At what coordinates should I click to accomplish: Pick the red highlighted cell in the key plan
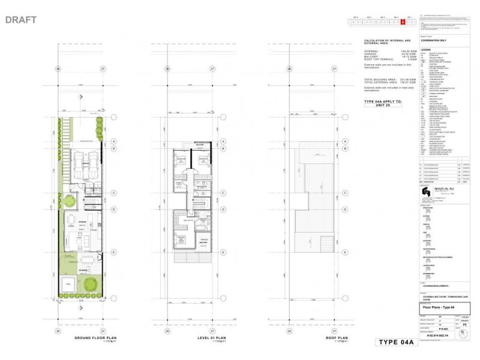pyautogui.click(x=403, y=22)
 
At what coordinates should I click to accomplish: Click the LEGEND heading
pyautogui.click(x=425, y=50)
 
